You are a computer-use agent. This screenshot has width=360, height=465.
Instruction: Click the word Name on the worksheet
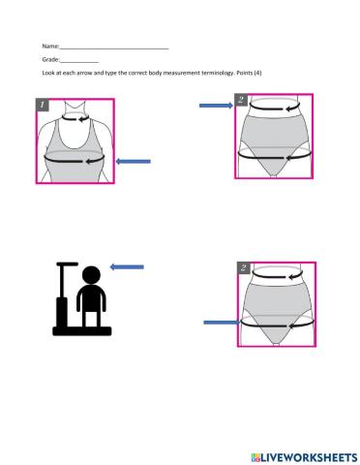click(x=49, y=46)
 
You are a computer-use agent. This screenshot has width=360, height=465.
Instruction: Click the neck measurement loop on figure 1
click(x=75, y=117)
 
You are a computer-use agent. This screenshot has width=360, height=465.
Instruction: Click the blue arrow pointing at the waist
click(x=214, y=107)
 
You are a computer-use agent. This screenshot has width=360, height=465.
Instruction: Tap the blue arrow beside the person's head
click(x=127, y=267)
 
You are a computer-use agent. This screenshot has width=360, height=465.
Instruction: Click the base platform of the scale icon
click(x=81, y=330)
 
